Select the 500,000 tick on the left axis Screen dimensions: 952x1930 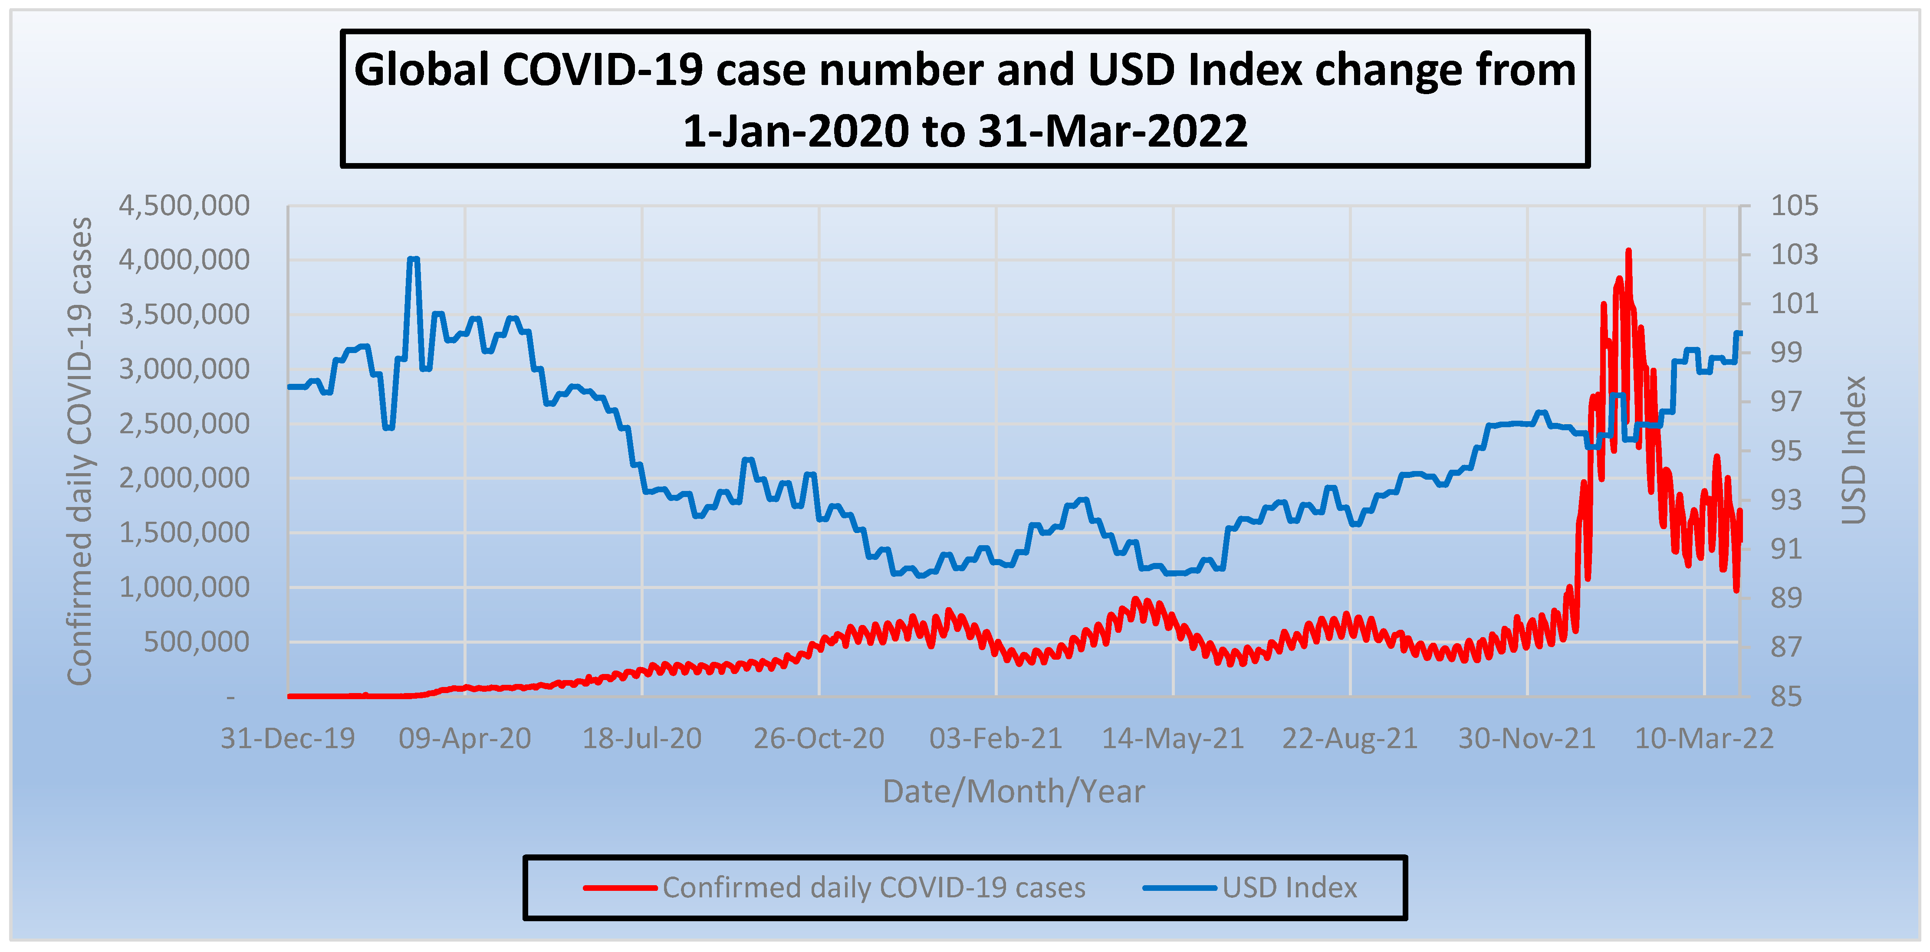click(196, 642)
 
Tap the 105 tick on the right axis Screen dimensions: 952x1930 click(1794, 205)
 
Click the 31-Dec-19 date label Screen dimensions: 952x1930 click(288, 739)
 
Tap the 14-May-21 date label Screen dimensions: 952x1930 click(1173, 739)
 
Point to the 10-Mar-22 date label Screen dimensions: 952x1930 click(1704, 739)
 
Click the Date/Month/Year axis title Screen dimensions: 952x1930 click(1014, 792)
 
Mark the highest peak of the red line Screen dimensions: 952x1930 click(1628, 252)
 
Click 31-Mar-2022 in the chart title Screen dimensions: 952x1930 click(1113, 131)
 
